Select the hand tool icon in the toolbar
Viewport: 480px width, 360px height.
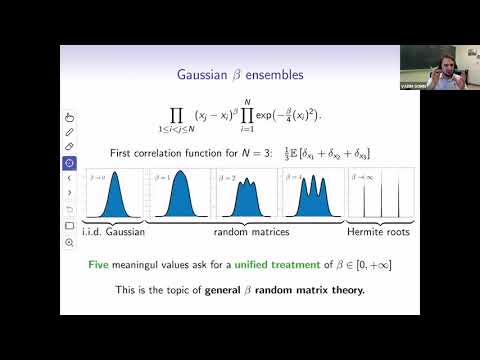point(69,117)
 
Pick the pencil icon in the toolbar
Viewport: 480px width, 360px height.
point(69,132)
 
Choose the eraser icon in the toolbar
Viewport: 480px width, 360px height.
point(69,147)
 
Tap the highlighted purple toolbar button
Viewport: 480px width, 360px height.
point(69,162)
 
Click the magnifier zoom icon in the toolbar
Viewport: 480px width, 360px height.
point(69,242)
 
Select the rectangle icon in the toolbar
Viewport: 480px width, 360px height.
point(69,225)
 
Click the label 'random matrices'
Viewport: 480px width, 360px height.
point(246,231)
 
